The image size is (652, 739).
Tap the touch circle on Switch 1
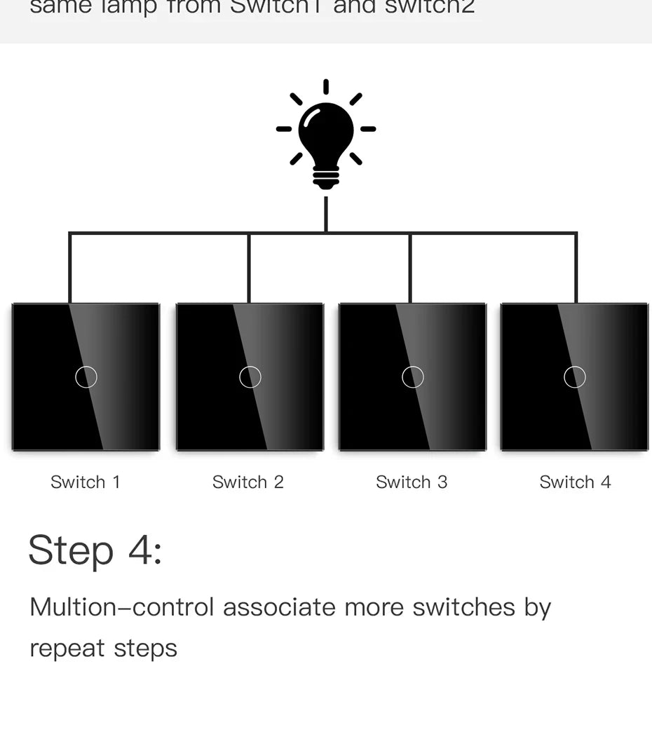coord(86,377)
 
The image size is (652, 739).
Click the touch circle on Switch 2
coord(250,377)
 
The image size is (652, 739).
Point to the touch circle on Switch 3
coord(413,377)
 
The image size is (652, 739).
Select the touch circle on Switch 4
coord(575,377)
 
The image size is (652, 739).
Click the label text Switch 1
coord(86,482)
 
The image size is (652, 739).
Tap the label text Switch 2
coord(248,482)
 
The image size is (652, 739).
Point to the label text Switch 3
coord(412,482)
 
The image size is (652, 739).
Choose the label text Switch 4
coord(575,482)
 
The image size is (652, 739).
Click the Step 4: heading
coord(95,550)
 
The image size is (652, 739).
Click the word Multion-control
coord(121,607)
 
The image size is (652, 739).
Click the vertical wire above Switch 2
coord(249,268)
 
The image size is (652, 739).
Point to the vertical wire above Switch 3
coord(410,268)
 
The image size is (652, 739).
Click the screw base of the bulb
coord(326,178)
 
